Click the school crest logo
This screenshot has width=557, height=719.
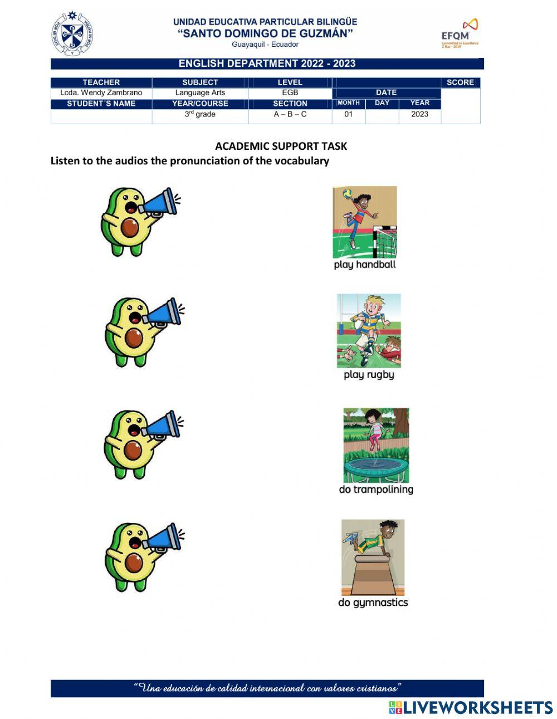pos(72,34)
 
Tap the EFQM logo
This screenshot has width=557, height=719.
pos(460,33)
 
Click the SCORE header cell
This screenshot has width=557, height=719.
pos(460,82)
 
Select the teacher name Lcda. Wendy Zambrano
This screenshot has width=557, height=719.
pos(101,92)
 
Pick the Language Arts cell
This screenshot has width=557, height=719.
pos(200,92)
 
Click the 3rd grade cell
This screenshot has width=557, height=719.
pos(200,114)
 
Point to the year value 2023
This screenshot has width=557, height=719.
pos(420,114)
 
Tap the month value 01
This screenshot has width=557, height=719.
pos(349,114)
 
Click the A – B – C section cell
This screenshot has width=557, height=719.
pos(290,114)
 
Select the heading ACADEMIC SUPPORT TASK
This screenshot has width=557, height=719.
pos(281,146)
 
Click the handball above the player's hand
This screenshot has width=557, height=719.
pos(347,194)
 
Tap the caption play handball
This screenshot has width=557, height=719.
pos(365,265)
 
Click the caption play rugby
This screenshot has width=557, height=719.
pos(369,375)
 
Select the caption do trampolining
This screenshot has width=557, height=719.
pos(376,490)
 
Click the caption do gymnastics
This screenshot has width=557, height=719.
pos(373,602)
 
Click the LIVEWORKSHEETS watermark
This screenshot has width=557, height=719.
pos(471,707)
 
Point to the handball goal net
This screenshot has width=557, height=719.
pos(385,242)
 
